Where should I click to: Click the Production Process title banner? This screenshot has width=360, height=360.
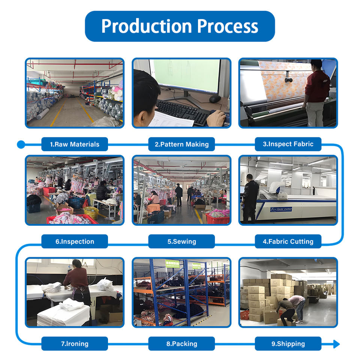pos(180,26)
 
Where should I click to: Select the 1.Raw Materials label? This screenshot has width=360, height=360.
pos(75,144)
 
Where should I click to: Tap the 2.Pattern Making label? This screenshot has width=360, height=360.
pos(181,144)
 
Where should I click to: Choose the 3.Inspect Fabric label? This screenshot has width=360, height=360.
pos(288,144)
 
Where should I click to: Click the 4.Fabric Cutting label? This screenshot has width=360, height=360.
pos(288,241)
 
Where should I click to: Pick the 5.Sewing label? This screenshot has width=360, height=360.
pos(181,241)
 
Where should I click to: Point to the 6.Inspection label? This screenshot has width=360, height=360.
pos(75,241)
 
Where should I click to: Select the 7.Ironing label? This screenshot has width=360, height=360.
pos(75,343)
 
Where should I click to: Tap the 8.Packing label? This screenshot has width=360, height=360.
pos(181,343)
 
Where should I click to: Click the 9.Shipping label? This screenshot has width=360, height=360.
pos(288,343)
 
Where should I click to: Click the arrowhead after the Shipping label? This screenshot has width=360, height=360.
pos(336,344)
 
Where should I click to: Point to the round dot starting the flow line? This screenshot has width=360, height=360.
pos(21,144)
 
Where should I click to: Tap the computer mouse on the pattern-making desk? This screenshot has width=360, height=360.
pos(214,99)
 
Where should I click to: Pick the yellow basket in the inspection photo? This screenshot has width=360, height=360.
pos(91,213)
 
